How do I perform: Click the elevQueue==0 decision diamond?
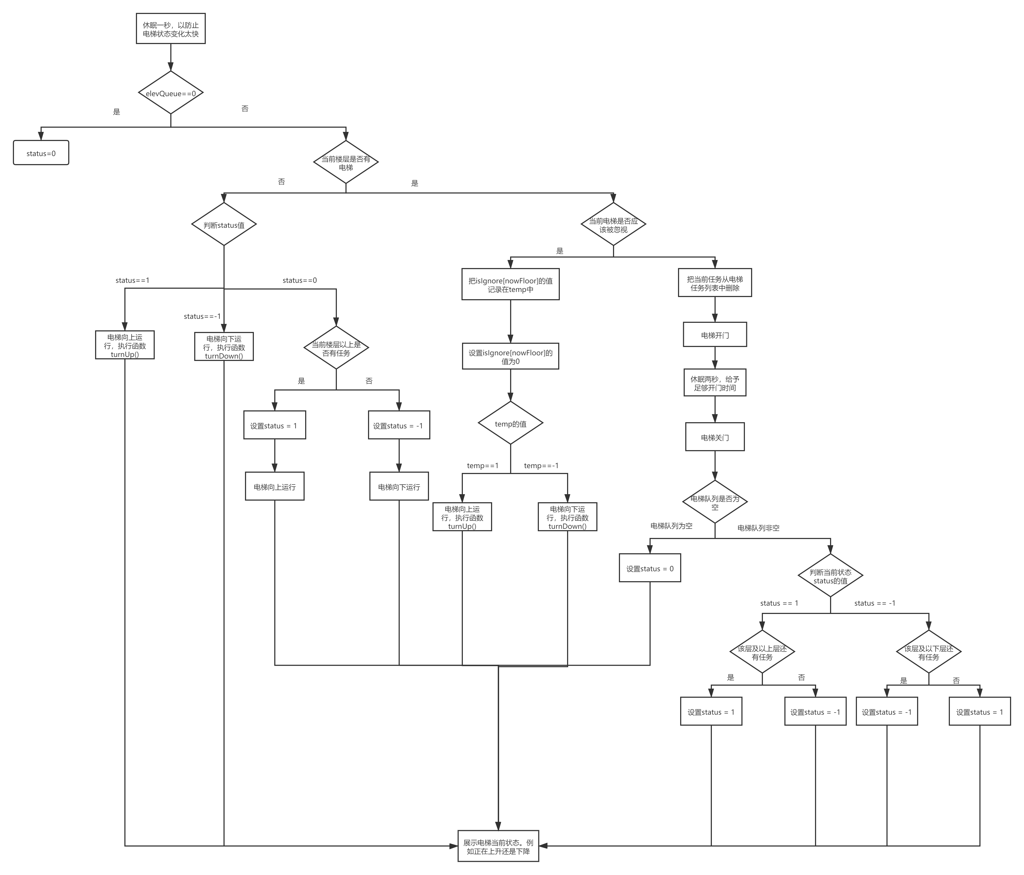[171, 93]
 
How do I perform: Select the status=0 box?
[41, 153]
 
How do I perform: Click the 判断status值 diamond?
[224, 225]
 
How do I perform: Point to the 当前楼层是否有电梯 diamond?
[345, 162]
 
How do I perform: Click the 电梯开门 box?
[715, 335]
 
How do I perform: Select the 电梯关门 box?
[715, 437]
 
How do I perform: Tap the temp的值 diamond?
[510, 424]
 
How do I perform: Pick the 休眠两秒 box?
[715, 383]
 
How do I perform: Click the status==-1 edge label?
[202, 316]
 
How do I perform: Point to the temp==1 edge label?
[482, 465]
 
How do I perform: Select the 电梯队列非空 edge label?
[758, 528]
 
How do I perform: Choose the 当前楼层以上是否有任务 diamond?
[336, 348]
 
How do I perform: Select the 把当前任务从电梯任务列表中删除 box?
[715, 283]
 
